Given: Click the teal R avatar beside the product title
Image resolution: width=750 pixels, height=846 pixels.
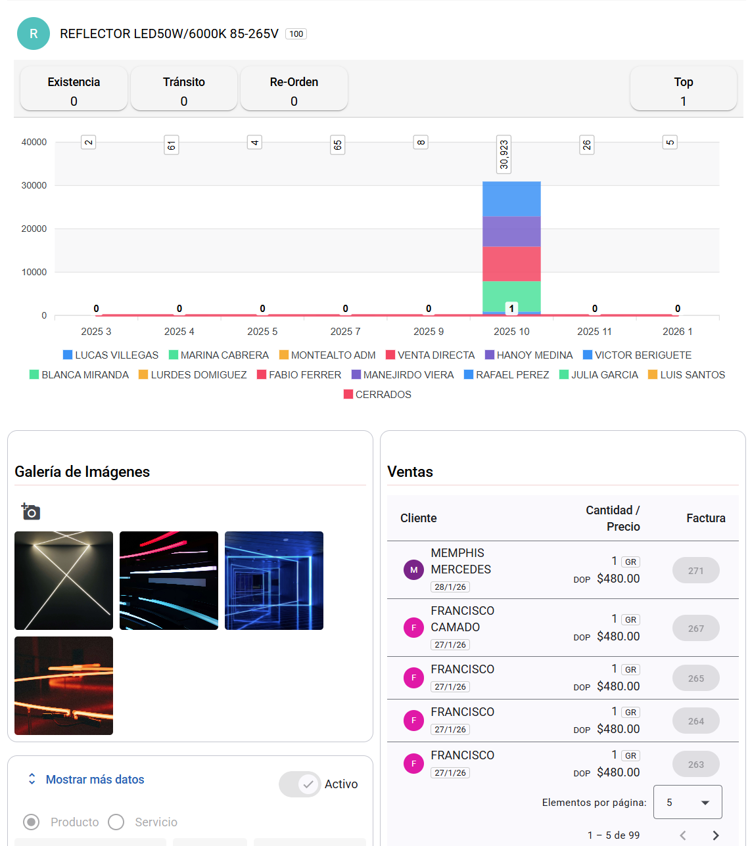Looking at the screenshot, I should pos(34,33).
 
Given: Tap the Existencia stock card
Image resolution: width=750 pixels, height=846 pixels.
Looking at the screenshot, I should pos(74,89).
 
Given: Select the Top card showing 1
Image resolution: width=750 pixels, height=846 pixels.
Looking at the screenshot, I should pos(683,89).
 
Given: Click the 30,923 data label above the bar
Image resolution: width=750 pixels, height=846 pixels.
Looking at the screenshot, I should pos(504,154).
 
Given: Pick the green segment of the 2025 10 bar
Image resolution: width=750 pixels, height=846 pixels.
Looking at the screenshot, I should pos(511,296).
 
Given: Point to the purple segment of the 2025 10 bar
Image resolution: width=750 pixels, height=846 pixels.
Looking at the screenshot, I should pos(511,231).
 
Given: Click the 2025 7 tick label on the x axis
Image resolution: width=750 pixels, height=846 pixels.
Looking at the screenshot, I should pos(345,332).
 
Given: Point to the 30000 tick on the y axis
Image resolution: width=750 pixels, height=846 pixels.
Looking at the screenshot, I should pos(34,185).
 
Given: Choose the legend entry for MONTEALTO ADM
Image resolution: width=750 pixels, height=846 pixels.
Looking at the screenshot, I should pos(327,355).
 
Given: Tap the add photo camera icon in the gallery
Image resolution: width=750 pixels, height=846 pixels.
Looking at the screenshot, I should pos(30,511).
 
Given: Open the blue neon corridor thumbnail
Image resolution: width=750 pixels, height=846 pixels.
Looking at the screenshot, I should pos(274,581).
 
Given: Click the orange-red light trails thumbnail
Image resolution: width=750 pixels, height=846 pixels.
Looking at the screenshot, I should pos(64,686).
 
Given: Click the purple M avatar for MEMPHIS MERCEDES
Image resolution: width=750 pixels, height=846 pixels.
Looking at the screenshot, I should pos(413,569).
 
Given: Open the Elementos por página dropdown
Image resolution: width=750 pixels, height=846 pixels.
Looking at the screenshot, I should pos(687,802).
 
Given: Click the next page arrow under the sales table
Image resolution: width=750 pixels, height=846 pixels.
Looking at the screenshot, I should pos(716,835).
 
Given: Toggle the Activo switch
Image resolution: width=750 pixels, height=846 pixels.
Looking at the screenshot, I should pos(300,784).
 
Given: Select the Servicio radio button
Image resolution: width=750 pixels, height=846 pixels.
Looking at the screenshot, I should pos(116,822).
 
